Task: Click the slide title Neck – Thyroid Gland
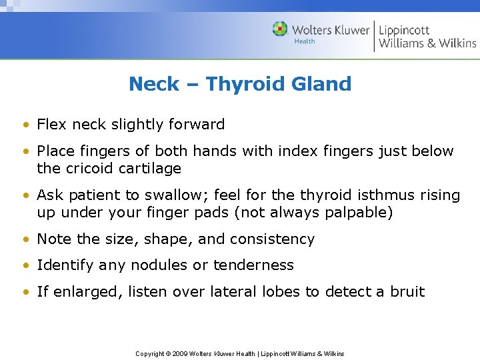[x=240, y=84]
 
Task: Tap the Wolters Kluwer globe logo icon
[x=280, y=29]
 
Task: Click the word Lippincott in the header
[x=404, y=29]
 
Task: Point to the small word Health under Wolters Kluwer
[x=304, y=41]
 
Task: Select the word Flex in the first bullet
[x=51, y=125]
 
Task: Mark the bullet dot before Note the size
[x=25, y=239]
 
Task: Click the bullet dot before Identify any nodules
[x=25, y=265]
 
